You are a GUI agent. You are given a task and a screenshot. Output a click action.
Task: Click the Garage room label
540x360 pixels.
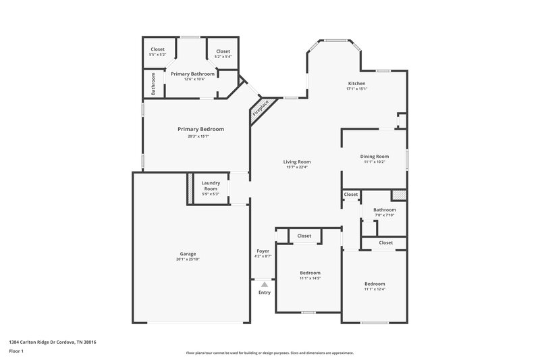pyautogui.click(x=188, y=254)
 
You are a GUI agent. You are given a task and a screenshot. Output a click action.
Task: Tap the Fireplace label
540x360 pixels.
pyautogui.click(x=261, y=109)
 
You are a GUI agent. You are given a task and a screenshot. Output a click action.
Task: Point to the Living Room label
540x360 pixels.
pyautogui.click(x=296, y=161)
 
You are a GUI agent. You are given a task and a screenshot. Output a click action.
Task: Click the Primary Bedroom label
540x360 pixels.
pyautogui.click(x=200, y=129)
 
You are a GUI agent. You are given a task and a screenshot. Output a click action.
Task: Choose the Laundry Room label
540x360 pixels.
pyautogui.click(x=211, y=186)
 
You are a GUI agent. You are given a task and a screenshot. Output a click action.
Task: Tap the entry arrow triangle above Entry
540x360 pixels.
pyautogui.click(x=264, y=285)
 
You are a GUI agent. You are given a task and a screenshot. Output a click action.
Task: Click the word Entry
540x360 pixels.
pyautogui.click(x=264, y=292)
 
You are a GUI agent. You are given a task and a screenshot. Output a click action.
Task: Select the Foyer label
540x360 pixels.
pyautogui.click(x=263, y=251)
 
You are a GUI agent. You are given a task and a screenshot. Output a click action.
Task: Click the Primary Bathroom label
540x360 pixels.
pyautogui.click(x=192, y=74)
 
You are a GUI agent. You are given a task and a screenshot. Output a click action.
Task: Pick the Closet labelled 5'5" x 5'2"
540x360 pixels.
pyautogui.click(x=157, y=49)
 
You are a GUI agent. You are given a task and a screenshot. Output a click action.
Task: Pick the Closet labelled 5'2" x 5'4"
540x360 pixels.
pyautogui.click(x=223, y=51)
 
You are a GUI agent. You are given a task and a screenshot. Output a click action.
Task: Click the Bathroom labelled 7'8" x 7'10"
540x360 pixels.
pyautogui.click(x=384, y=210)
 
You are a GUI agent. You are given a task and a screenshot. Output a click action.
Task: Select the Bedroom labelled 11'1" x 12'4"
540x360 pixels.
pyautogui.click(x=375, y=284)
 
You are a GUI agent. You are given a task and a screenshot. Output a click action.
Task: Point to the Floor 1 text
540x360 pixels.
pyautogui.click(x=17, y=351)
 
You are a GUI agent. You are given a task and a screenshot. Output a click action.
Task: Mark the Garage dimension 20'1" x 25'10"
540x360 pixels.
pyautogui.click(x=188, y=259)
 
